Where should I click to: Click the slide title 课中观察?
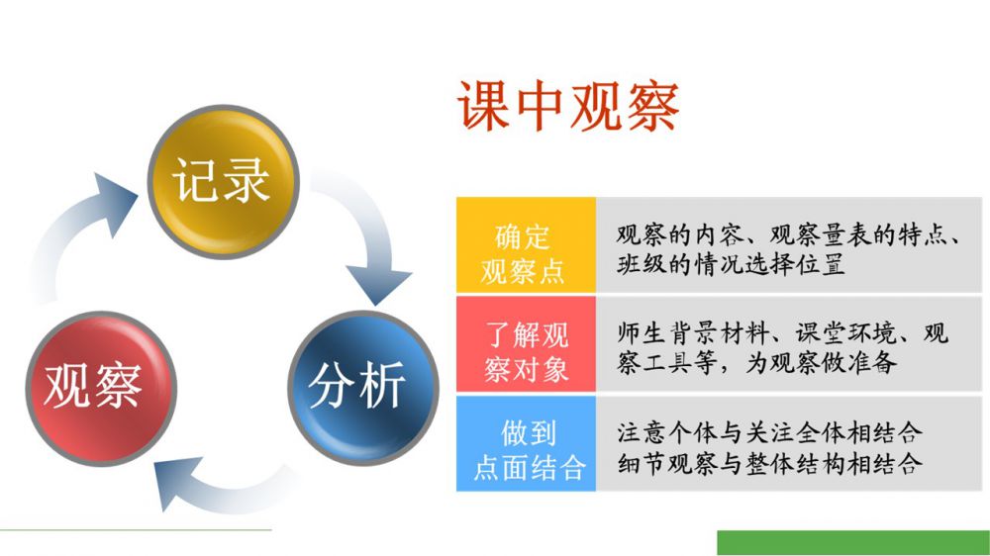(568, 106)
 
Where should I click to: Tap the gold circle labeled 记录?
(223, 182)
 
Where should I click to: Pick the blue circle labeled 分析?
(363, 388)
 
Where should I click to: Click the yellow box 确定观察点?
(526, 245)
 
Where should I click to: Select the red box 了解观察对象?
(526, 344)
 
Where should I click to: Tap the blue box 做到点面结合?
(526, 443)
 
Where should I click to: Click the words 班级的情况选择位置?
(731, 264)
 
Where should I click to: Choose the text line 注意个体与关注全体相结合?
(769, 433)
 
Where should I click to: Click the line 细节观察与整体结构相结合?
(769, 464)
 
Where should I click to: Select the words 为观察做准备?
(821, 363)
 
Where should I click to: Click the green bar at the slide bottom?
(853, 543)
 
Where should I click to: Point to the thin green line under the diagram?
(136, 529)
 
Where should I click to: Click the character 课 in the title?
(484, 106)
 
